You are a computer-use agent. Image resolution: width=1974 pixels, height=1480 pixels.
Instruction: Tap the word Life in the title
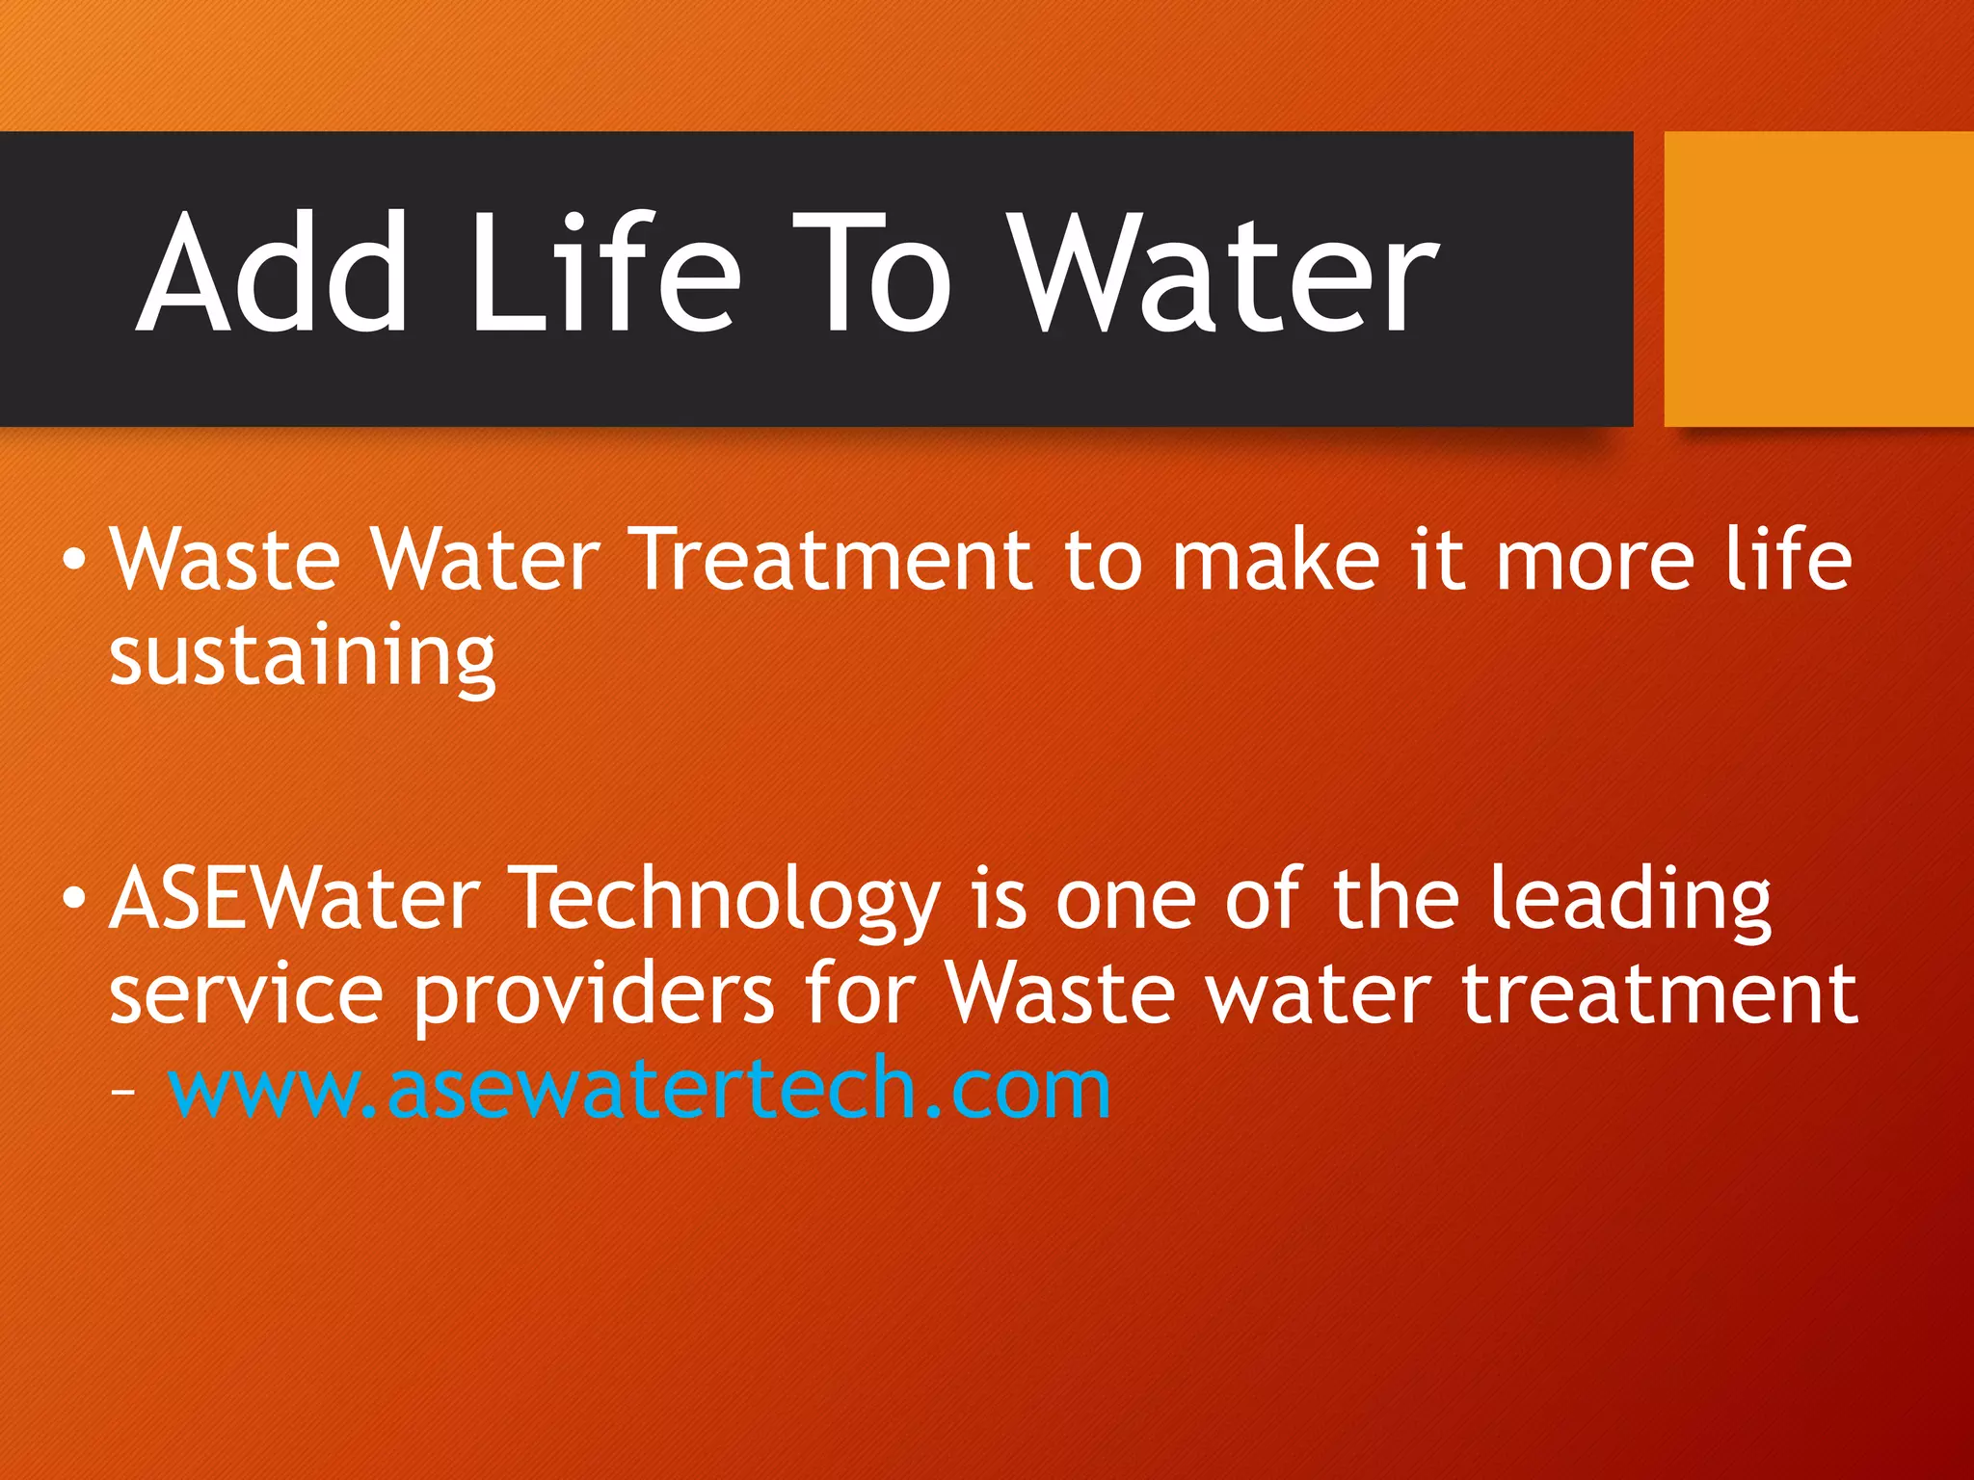[604, 274]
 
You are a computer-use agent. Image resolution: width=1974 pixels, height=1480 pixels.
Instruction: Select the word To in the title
[873, 274]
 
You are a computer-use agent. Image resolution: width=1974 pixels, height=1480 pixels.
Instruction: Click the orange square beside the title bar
[1818, 278]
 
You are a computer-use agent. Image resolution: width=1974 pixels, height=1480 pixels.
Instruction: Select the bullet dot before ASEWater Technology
[73, 898]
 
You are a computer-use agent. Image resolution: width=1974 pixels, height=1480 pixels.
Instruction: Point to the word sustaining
[303, 657]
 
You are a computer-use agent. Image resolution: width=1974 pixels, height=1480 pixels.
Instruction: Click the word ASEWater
[295, 898]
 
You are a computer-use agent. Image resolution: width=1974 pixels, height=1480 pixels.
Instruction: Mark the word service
[246, 994]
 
